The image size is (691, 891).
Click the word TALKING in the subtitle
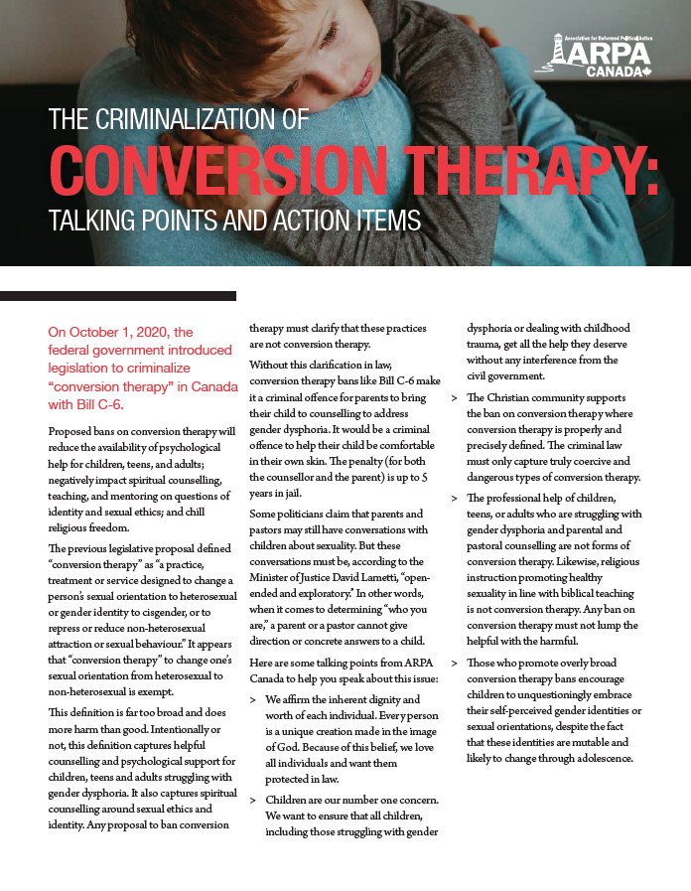pos(94,219)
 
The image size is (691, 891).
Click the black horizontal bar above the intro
pos(118,296)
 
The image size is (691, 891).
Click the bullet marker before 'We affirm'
pos(253,698)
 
